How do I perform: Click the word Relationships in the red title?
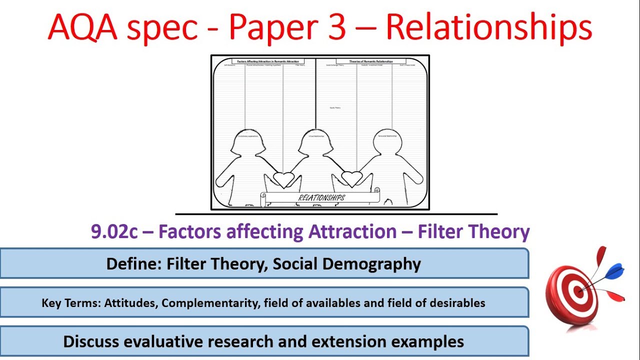coord(488,27)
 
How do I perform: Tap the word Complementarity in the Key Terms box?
coord(209,303)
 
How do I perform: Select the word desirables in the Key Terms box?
coord(459,303)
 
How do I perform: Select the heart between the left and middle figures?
coord(283,178)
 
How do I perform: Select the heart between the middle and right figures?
coord(351,178)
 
